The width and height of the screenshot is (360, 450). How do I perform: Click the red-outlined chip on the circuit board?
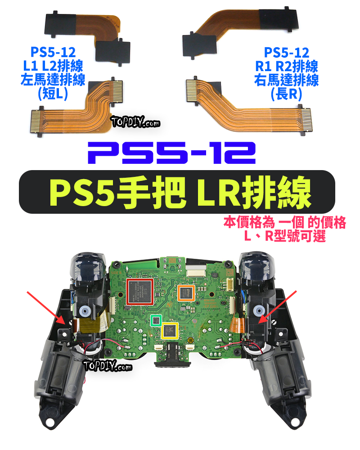pyautogui.click(x=140, y=292)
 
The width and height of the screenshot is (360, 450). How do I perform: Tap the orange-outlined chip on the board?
pyautogui.click(x=185, y=292)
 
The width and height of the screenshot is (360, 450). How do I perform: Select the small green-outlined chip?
pyautogui.click(x=156, y=320)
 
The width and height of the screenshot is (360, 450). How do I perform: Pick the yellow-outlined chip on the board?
pyautogui.click(x=171, y=330)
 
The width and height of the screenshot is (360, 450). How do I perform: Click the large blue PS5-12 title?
pyautogui.click(x=171, y=153)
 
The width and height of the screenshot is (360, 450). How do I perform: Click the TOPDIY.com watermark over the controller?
pyautogui.click(x=108, y=367)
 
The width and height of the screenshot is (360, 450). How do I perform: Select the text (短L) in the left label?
pyautogui.click(x=53, y=94)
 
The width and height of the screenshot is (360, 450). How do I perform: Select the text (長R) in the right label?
pyautogui.click(x=286, y=94)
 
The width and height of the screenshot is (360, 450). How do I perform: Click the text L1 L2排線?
pyautogui.click(x=53, y=67)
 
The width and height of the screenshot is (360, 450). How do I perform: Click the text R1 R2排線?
pyautogui.click(x=286, y=67)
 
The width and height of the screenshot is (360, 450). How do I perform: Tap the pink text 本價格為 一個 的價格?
pyautogui.click(x=284, y=223)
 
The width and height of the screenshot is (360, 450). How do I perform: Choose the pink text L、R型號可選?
pyautogui.click(x=284, y=236)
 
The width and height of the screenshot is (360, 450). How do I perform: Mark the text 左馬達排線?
pyautogui.click(x=53, y=80)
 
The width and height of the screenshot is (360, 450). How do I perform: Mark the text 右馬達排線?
pyautogui.click(x=286, y=80)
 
